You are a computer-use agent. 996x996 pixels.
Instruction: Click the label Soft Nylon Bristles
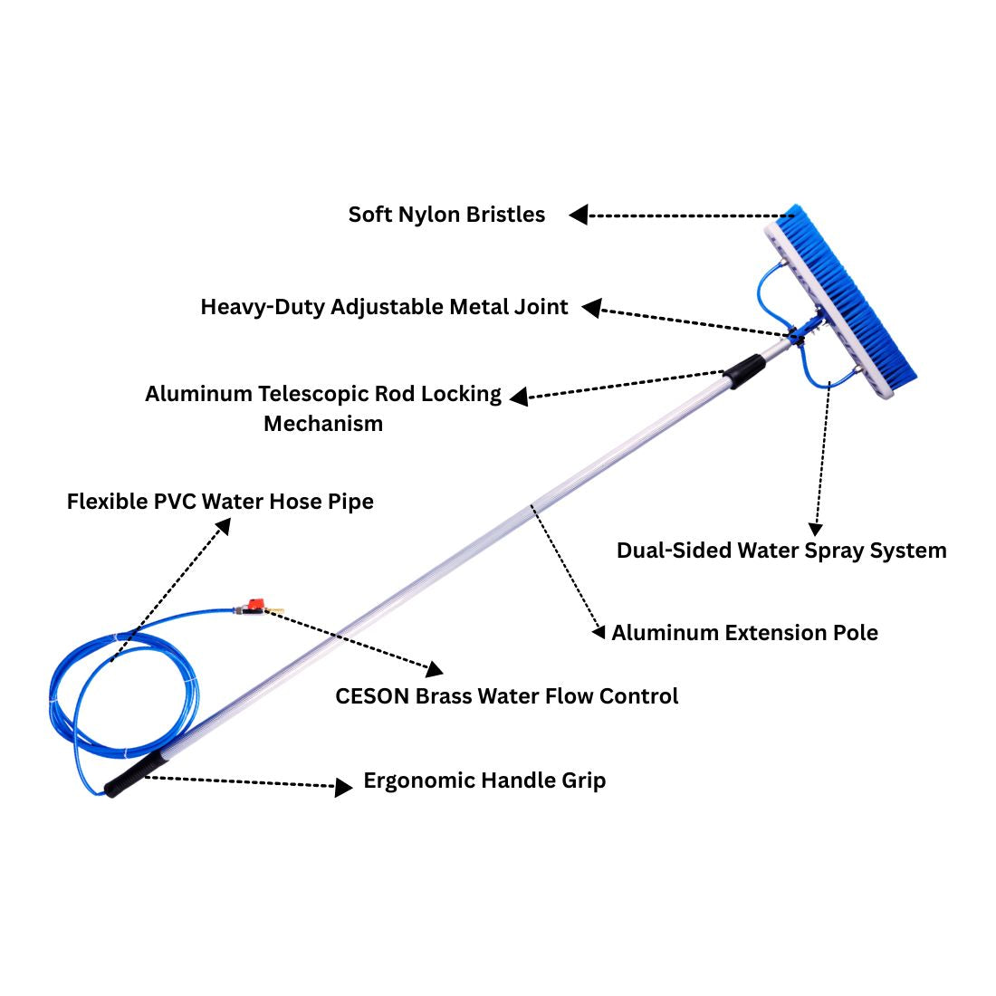tap(446, 215)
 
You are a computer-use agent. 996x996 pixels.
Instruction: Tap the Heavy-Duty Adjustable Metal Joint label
tap(384, 307)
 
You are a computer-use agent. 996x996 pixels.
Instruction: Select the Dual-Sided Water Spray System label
tap(781, 551)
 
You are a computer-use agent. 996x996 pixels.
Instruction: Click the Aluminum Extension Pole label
tap(744, 632)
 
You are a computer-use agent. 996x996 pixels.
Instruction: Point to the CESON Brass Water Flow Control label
tap(506, 696)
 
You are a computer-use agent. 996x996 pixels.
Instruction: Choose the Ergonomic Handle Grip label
tap(484, 781)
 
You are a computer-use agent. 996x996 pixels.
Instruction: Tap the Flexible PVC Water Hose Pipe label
tap(220, 502)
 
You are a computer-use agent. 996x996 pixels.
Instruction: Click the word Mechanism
tap(323, 424)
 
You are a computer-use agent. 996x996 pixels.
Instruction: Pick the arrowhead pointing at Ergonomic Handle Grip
tap(343, 787)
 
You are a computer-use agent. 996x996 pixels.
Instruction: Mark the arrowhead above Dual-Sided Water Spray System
tap(815, 529)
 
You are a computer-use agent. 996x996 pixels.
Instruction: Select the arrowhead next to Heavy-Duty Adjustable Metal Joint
tap(591, 309)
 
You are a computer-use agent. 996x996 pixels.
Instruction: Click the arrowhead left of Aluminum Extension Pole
tap(598, 632)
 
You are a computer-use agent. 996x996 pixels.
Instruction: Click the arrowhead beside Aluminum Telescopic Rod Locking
tap(519, 397)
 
